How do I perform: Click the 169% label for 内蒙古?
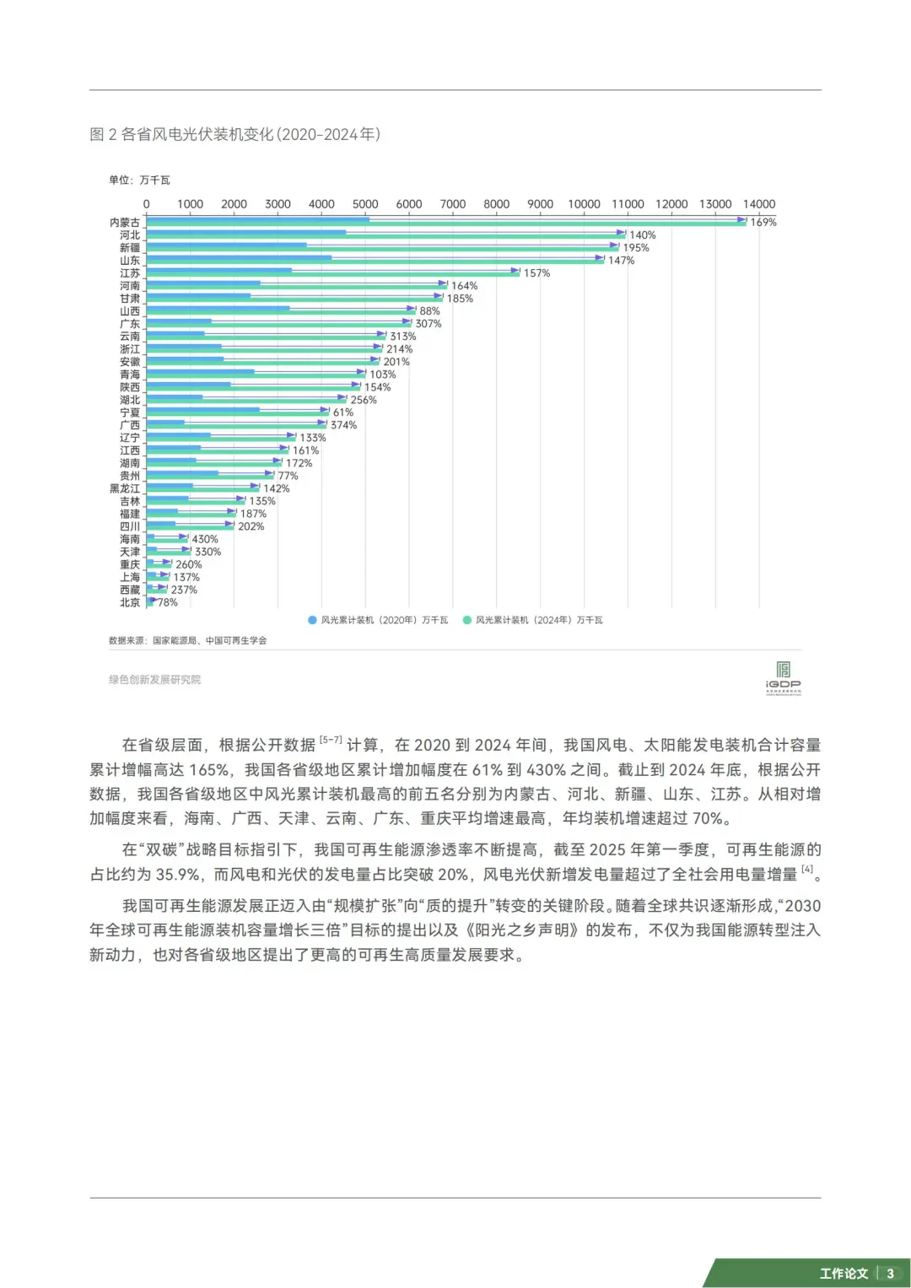click(x=763, y=223)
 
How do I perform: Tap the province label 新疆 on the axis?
click(x=130, y=248)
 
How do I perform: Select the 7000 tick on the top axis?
click(x=453, y=204)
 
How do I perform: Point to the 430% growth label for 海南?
click(x=205, y=539)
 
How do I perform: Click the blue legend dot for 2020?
click(x=312, y=620)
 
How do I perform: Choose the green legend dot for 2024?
click(x=466, y=620)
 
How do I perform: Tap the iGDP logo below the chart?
click(x=783, y=677)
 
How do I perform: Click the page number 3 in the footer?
click(x=890, y=1273)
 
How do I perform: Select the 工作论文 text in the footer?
click(x=844, y=1273)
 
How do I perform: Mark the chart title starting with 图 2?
click(x=234, y=134)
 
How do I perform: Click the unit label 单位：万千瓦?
click(x=139, y=180)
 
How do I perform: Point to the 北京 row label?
click(x=130, y=602)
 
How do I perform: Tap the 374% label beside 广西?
click(x=343, y=425)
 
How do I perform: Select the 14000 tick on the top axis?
click(x=758, y=204)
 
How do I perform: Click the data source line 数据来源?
click(x=187, y=640)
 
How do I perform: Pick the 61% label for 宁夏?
click(x=343, y=412)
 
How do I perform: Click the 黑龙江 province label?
click(x=125, y=488)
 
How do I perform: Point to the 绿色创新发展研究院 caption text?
click(x=154, y=679)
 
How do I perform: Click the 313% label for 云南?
click(x=402, y=337)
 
